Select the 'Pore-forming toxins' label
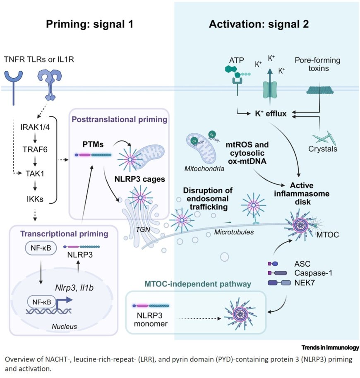pos(317,64)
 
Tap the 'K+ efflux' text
pos(271,112)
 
